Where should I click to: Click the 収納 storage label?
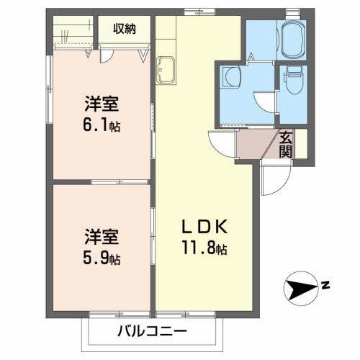pyautogui.click(x=125, y=29)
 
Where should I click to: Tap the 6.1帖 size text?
pyautogui.click(x=102, y=125)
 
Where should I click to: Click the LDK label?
pyautogui.click(x=204, y=227)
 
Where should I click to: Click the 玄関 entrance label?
pyautogui.click(x=286, y=145)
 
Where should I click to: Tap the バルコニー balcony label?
pyautogui.click(x=152, y=331)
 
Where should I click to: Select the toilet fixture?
pyautogui.click(x=294, y=80)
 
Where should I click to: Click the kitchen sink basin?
pyautogui.click(x=166, y=70)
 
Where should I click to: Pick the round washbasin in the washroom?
pyautogui.click(x=232, y=76)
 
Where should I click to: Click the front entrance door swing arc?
pyautogui.click(x=282, y=186)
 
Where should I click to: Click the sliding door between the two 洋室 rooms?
pyautogui.click(x=120, y=182)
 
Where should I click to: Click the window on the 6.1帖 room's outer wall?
pyautogui.click(x=50, y=89)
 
